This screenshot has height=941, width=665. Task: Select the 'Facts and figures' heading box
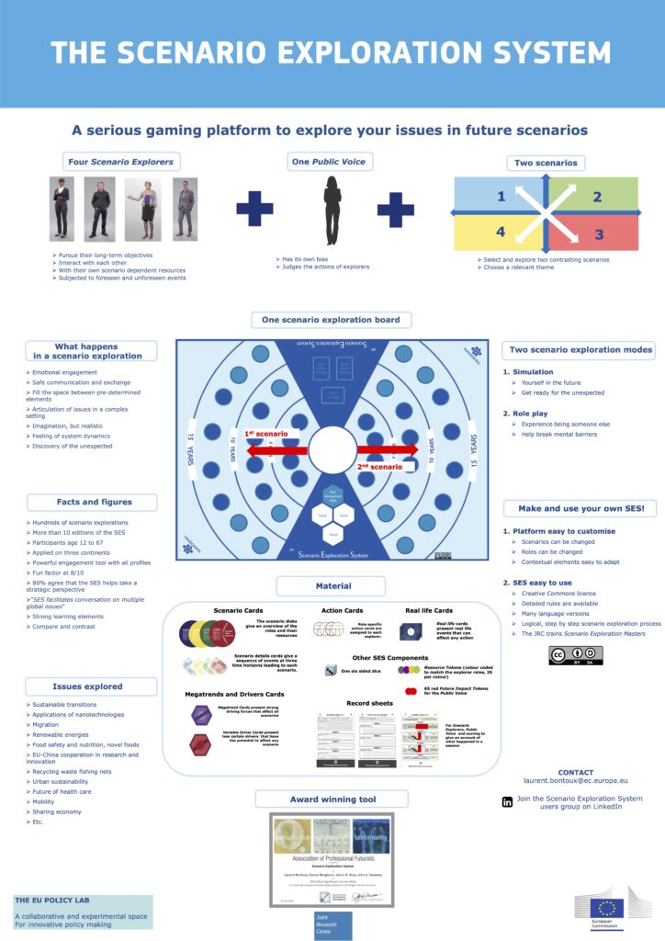tap(91, 502)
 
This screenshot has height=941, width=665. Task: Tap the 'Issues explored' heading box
tap(88, 686)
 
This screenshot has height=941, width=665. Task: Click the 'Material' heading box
tap(332, 585)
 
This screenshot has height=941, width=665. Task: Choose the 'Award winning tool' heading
tap(332, 799)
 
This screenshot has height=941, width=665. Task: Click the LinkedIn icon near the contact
tap(507, 802)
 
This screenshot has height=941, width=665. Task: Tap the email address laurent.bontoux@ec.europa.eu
tap(576, 780)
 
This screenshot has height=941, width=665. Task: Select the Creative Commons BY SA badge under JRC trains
tap(575, 654)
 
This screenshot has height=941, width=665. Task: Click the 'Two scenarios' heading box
tap(546, 163)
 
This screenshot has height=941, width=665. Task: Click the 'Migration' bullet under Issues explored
tap(47, 725)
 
